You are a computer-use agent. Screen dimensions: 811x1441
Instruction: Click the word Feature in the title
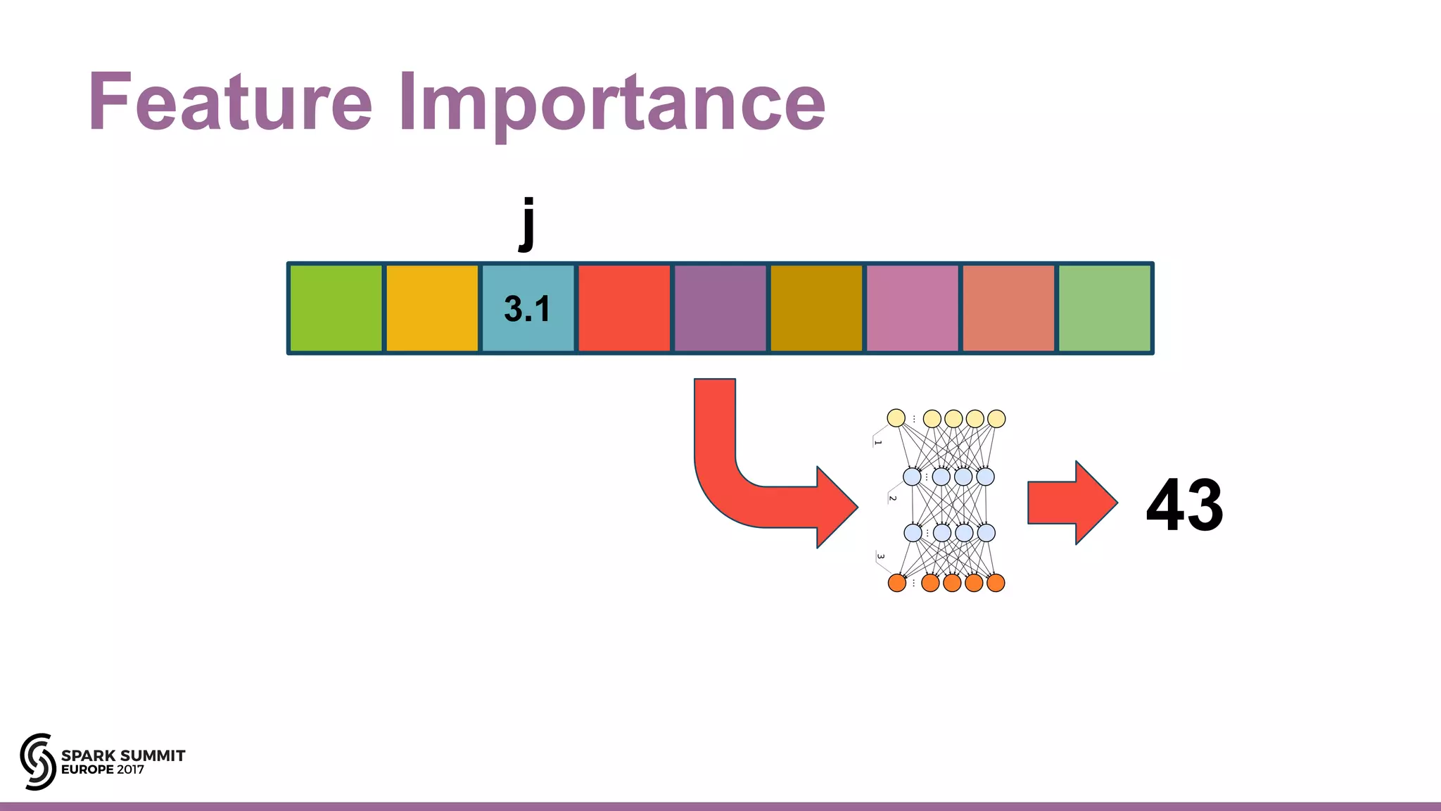click(x=230, y=102)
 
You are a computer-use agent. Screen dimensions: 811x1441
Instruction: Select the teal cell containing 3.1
click(x=528, y=308)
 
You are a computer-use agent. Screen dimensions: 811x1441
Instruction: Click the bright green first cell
click(x=336, y=308)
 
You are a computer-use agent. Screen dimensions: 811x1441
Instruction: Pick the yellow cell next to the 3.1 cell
click(x=432, y=308)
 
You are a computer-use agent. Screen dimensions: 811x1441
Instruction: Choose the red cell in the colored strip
click(x=624, y=308)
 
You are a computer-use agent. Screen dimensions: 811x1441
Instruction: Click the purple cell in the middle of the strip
click(x=720, y=308)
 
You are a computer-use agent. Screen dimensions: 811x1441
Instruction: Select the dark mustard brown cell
click(x=816, y=308)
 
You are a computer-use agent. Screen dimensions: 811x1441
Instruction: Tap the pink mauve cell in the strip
click(x=913, y=308)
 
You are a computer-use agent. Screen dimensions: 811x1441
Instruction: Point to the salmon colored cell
click(x=1008, y=308)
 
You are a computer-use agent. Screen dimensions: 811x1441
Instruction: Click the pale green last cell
click(x=1105, y=308)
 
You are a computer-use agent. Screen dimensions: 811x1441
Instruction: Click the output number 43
click(x=1185, y=505)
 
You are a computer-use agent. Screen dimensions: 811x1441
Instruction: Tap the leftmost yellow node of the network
click(x=896, y=418)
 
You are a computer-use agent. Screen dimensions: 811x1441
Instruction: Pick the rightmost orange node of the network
click(x=996, y=583)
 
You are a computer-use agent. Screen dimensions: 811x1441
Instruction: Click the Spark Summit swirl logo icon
click(x=37, y=761)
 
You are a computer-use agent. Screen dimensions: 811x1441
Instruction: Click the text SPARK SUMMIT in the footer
click(x=123, y=755)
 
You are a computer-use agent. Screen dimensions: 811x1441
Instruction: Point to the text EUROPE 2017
click(x=103, y=770)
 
